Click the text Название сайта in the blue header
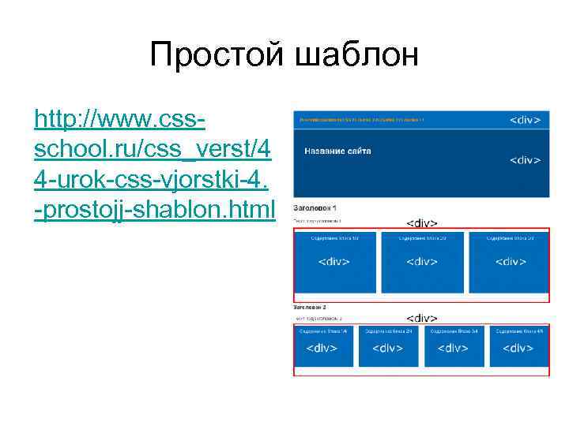click(x=337, y=151)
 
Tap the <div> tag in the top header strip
click(x=525, y=120)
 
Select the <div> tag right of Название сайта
click(x=525, y=160)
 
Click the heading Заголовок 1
click(x=315, y=207)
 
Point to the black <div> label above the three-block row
click(x=422, y=223)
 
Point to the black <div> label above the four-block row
click(x=422, y=318)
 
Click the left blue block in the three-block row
click(x=333, y=261)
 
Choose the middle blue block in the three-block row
click(x=421, y=261)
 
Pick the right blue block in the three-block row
click(x=510, y=261)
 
